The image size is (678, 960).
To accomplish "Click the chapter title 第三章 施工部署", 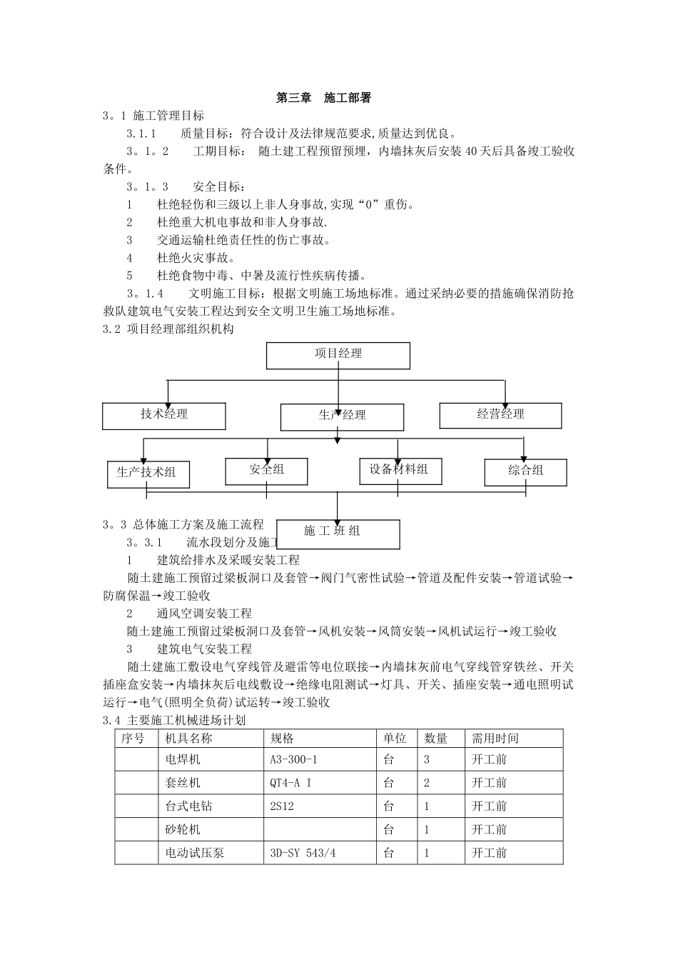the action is [x=323, y=98].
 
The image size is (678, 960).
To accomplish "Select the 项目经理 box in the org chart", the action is [x=338, y=355].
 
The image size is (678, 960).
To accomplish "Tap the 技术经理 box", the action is [x=164, y=416].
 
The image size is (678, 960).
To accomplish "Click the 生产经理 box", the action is [x=342, y=417].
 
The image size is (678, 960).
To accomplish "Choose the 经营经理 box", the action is [x=500, y=415].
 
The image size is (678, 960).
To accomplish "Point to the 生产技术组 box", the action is [x=148, y=473].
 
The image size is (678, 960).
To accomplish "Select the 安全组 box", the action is [x=267, y=470].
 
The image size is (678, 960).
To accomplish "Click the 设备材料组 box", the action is [x=400, y=470].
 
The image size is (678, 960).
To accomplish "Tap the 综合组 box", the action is [x=526, y=471].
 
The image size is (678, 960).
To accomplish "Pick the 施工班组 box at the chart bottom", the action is [x=338, y=533].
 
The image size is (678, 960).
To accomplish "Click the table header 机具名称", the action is [x=189, y=739].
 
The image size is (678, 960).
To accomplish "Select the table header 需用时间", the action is [x=495, y=739].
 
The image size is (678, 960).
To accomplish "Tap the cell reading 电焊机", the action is [x=183, y=760].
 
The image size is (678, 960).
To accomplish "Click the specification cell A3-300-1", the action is [x=294, y=760].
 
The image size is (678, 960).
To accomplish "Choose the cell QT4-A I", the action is [x=290, y=783].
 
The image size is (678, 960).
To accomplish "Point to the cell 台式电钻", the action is [x=189, y=806].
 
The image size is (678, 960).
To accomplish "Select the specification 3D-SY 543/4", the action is [x=303, y=853].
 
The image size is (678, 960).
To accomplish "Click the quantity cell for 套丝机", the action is [x=427, y=783].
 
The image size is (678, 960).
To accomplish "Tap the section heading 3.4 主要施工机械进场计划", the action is [x=174, y=720].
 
